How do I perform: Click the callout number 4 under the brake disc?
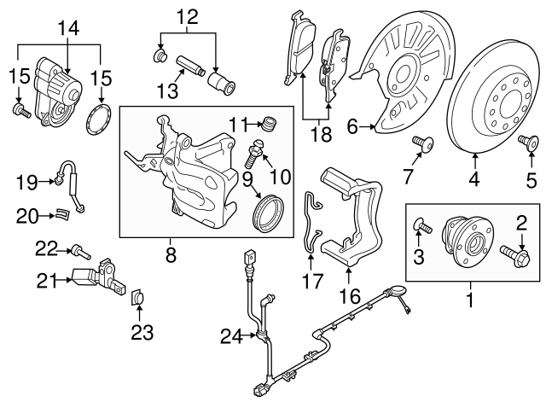tap(473, 179)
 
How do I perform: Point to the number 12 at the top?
tap(186, 15)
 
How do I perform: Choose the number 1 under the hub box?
tap(468, 300)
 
